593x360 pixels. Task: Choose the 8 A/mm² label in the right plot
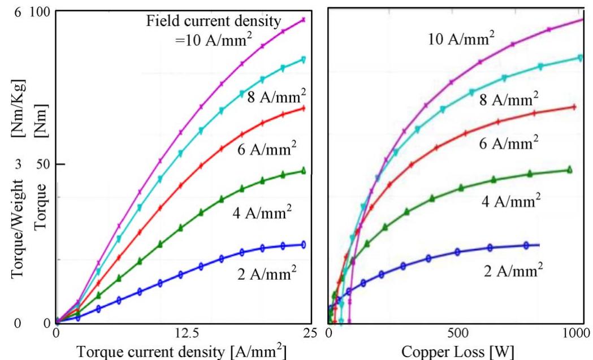pyautogui.click(x=509, y=99)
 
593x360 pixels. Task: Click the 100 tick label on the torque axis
pyautogui.click(x=38, y=11)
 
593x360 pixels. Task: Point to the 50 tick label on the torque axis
pyautogui.click(x=41, y=164)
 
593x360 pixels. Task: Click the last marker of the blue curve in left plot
pyautogui.click(x=304, y=245)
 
